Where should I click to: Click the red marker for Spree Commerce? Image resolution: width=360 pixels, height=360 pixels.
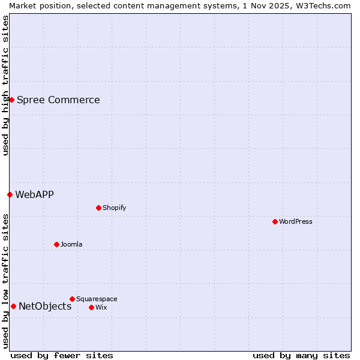point(11,100)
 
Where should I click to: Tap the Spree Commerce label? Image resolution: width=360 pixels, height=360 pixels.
point(58,100)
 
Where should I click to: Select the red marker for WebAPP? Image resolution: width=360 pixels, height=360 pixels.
point(10,194)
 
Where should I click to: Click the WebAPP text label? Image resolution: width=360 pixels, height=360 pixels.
point(34,194)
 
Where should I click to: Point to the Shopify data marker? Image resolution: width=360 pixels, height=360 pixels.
point(98,208)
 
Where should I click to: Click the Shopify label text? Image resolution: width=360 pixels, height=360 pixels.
point(114,208)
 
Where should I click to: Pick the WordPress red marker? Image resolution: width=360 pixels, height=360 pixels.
point(275,221)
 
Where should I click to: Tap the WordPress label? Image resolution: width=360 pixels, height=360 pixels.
point(295,221)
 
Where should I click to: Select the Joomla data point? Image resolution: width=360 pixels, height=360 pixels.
point(56,244)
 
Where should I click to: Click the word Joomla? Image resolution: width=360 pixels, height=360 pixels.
point(71,244)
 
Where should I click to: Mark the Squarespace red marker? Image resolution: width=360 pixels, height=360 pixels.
point(72,299)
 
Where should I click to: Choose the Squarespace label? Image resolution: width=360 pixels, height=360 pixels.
point(97,299)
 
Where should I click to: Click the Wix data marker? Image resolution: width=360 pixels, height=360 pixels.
point(91,307)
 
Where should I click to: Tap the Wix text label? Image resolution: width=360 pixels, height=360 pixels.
point(101,307)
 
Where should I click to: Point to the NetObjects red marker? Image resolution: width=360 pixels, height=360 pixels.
point(13,306)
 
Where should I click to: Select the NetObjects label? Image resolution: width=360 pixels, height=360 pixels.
point(45,307)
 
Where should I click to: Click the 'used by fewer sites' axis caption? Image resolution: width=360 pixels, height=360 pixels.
point(62,355)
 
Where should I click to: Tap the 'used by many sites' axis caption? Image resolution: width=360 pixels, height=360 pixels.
point(301,355)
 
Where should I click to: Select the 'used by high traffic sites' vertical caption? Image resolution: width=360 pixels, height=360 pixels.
point(5,85)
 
